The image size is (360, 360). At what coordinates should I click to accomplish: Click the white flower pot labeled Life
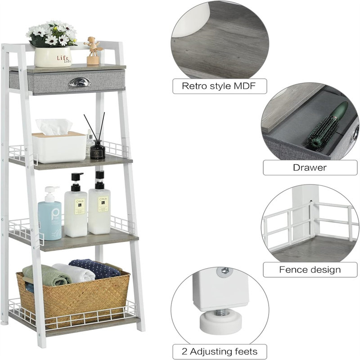[53, 57]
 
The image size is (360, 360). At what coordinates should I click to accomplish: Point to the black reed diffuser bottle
[98, 150]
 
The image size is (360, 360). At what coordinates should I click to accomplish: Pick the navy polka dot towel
[94, 268]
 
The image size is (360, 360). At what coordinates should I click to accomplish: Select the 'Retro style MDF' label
[219, 86]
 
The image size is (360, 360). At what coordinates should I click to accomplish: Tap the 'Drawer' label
[310, 168]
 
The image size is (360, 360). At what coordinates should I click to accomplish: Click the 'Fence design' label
[310, 270]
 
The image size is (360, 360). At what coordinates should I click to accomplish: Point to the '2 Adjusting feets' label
[219, 351]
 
